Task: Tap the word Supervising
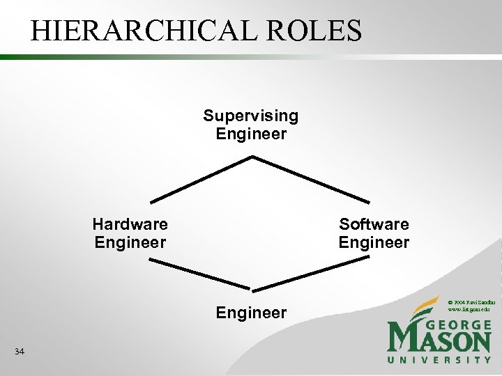tap(251, 116)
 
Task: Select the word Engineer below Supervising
tap(251, 134)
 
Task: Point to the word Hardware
tap(130, 224)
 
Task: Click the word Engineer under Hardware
tap(130, 242)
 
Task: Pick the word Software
tap(374, 224)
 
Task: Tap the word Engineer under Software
tap(374, 242)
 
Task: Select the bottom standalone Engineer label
tap(251, 313)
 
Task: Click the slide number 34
tap(20, 352)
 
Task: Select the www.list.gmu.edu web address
tap(471, 308)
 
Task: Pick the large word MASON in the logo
tap(439, 341)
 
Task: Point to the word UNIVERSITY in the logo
tap(439, 360)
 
